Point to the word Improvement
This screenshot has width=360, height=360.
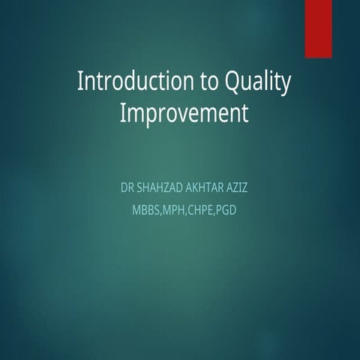184,115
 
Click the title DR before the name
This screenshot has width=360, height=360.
127,187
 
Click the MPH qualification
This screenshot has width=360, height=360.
174,210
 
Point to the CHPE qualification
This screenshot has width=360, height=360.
201,210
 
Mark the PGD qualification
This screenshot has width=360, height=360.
226,210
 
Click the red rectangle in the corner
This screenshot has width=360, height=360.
318,28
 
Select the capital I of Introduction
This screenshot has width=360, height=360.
81,82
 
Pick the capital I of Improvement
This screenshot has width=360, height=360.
123,114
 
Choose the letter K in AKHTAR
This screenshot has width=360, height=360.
205,187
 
